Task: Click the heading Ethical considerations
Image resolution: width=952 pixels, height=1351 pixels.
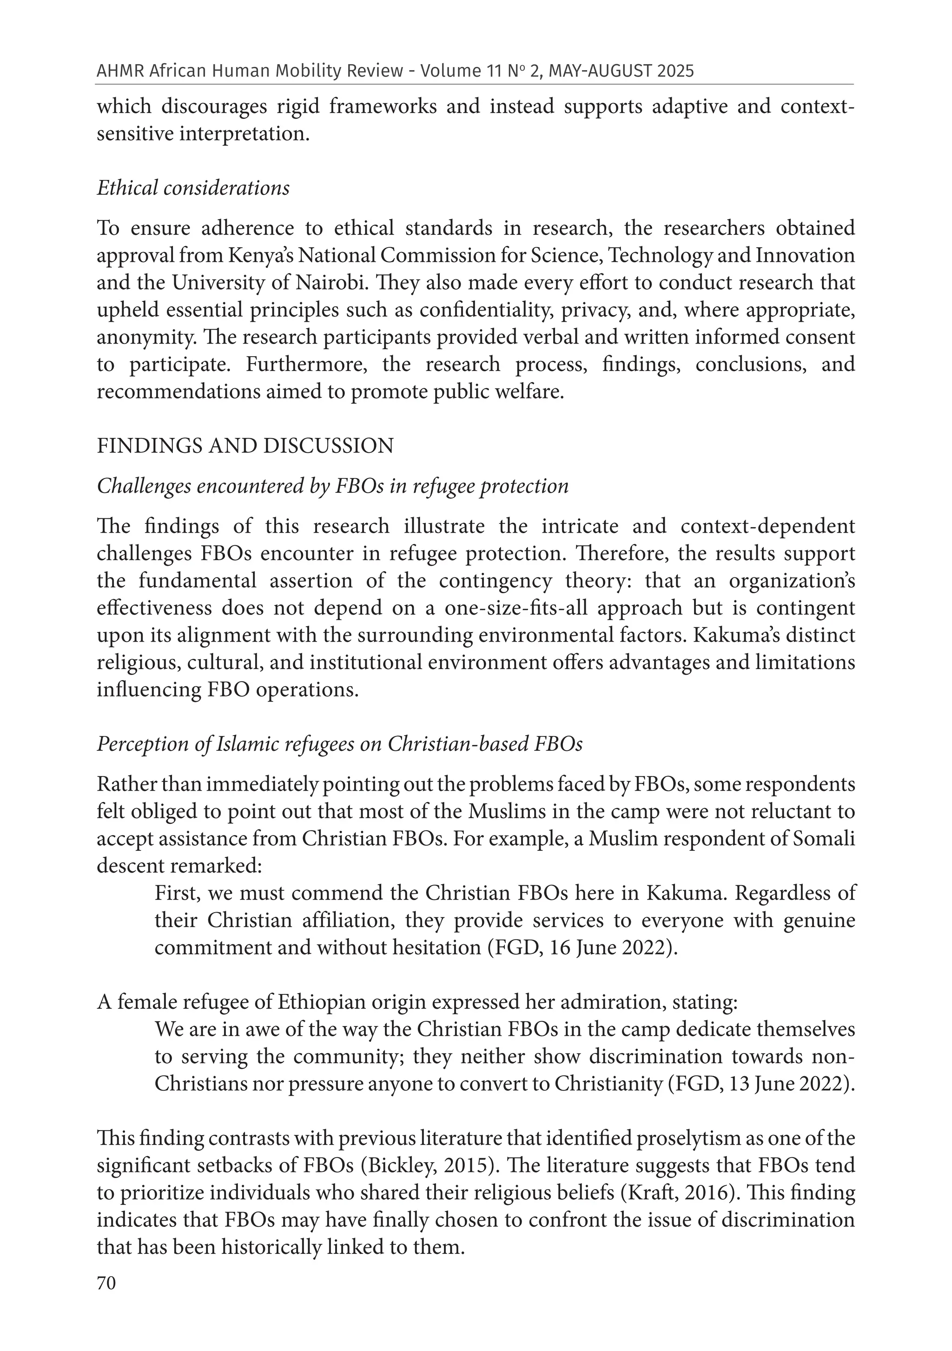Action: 193,188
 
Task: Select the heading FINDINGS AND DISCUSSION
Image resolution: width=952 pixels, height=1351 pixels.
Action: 245,446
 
